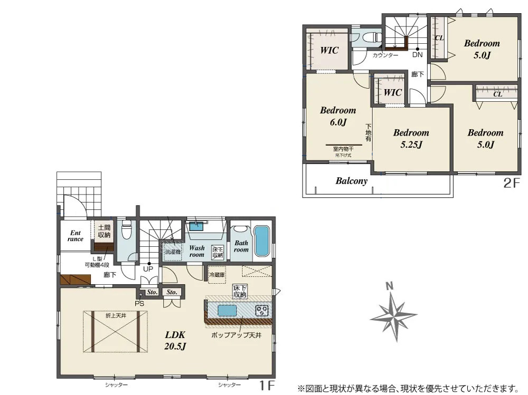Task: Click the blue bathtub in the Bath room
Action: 261,241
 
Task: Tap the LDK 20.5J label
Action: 175,340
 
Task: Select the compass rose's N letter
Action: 390,286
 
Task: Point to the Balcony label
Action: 351,181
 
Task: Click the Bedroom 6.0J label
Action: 338,117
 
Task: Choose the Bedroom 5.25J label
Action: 411,138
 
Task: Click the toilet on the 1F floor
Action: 126,232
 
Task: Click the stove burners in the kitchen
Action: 262,311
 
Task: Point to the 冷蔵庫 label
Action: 217,275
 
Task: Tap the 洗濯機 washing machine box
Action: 172,252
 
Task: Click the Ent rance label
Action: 76,236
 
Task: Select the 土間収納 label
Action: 104,231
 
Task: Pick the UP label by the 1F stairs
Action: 148,269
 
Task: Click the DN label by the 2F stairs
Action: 417,55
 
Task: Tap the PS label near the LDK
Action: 139,303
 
